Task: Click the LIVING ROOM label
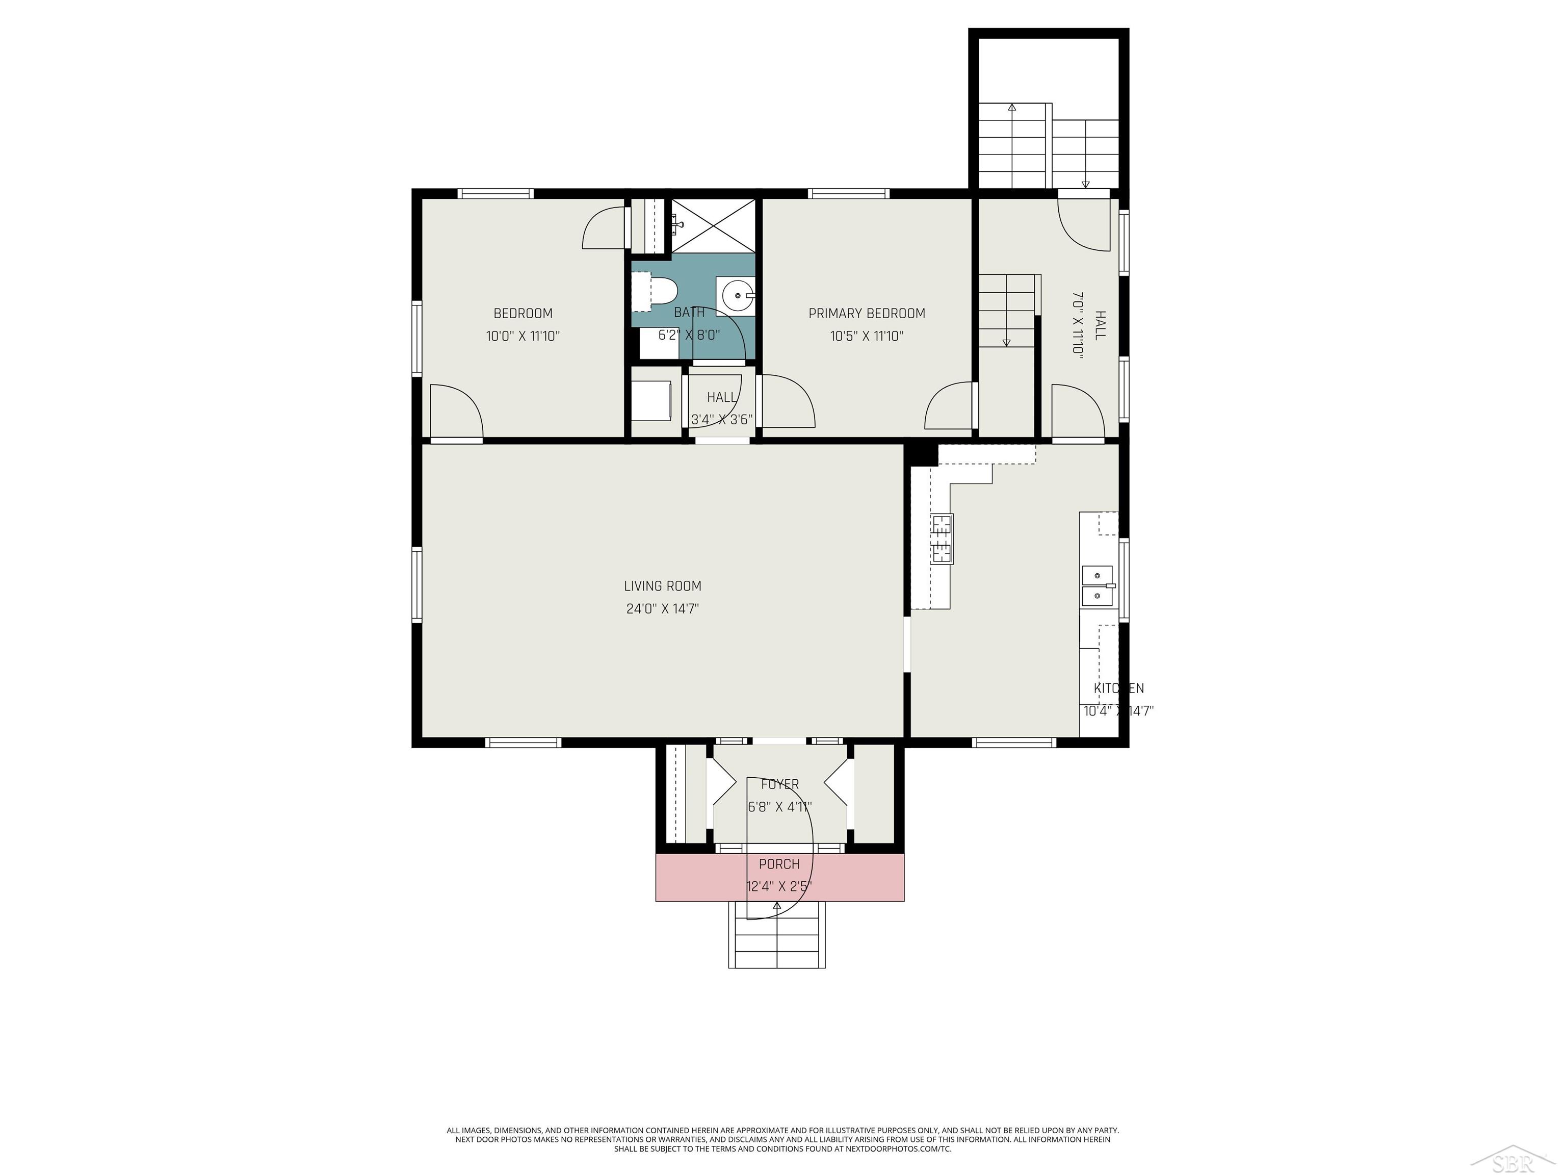(662, 586)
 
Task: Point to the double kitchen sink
(1097, 586)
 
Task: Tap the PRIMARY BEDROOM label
(867, 313)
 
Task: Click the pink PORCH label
(779, 864)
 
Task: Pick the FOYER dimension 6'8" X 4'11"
(779, 807)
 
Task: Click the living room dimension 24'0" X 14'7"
(662, 608)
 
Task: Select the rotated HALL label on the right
(1100, 325)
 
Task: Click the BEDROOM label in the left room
(523, 313)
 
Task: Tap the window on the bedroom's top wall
(495, 193)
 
